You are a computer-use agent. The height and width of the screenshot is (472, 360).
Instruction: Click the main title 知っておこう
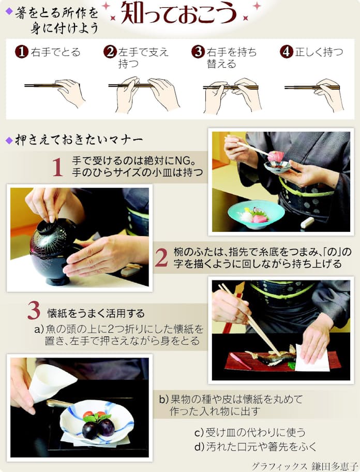pyautogui.click(x=178, y=13)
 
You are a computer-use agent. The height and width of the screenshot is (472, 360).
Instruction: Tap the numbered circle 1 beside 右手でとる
pyautogui.click(x=22, y=52)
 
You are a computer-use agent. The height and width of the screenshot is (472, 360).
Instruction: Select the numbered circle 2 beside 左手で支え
pyautogui.click(x=110, y=52)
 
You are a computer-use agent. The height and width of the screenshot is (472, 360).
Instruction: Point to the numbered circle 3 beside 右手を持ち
pyautogui.click(x=198, y=52)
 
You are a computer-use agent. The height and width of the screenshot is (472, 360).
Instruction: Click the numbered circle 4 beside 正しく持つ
pyautogui.click(x=287, y=52)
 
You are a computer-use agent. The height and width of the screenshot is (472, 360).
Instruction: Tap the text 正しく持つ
pyautogui.click(x=319, y=52)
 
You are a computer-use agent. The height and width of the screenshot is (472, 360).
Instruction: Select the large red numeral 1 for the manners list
pyautogui.click(x=57, y=167)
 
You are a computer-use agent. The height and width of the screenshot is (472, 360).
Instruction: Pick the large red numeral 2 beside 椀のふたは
pyautogui.click(x=161, y=258)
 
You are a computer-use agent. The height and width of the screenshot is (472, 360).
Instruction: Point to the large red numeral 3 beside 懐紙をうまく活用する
pyautogui.click(x=34, y=311)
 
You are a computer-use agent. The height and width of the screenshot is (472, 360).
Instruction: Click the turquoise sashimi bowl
pyautogui.click(x=256, y=213)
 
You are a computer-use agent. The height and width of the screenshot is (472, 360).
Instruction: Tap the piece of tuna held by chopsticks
pyautogui.click(x=276, y=156)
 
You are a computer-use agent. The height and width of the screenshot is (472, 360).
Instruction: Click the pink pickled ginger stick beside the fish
pyautogui.click(x=241, y=361)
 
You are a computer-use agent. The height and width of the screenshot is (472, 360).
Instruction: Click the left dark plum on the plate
pyautogui.click(x=90, y=430)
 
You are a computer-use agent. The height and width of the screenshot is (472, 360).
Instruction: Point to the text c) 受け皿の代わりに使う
pyautogui.click(x=250, y=433)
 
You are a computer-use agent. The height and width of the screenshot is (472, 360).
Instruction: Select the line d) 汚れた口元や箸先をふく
pyautogui.click(x=256, y=447)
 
